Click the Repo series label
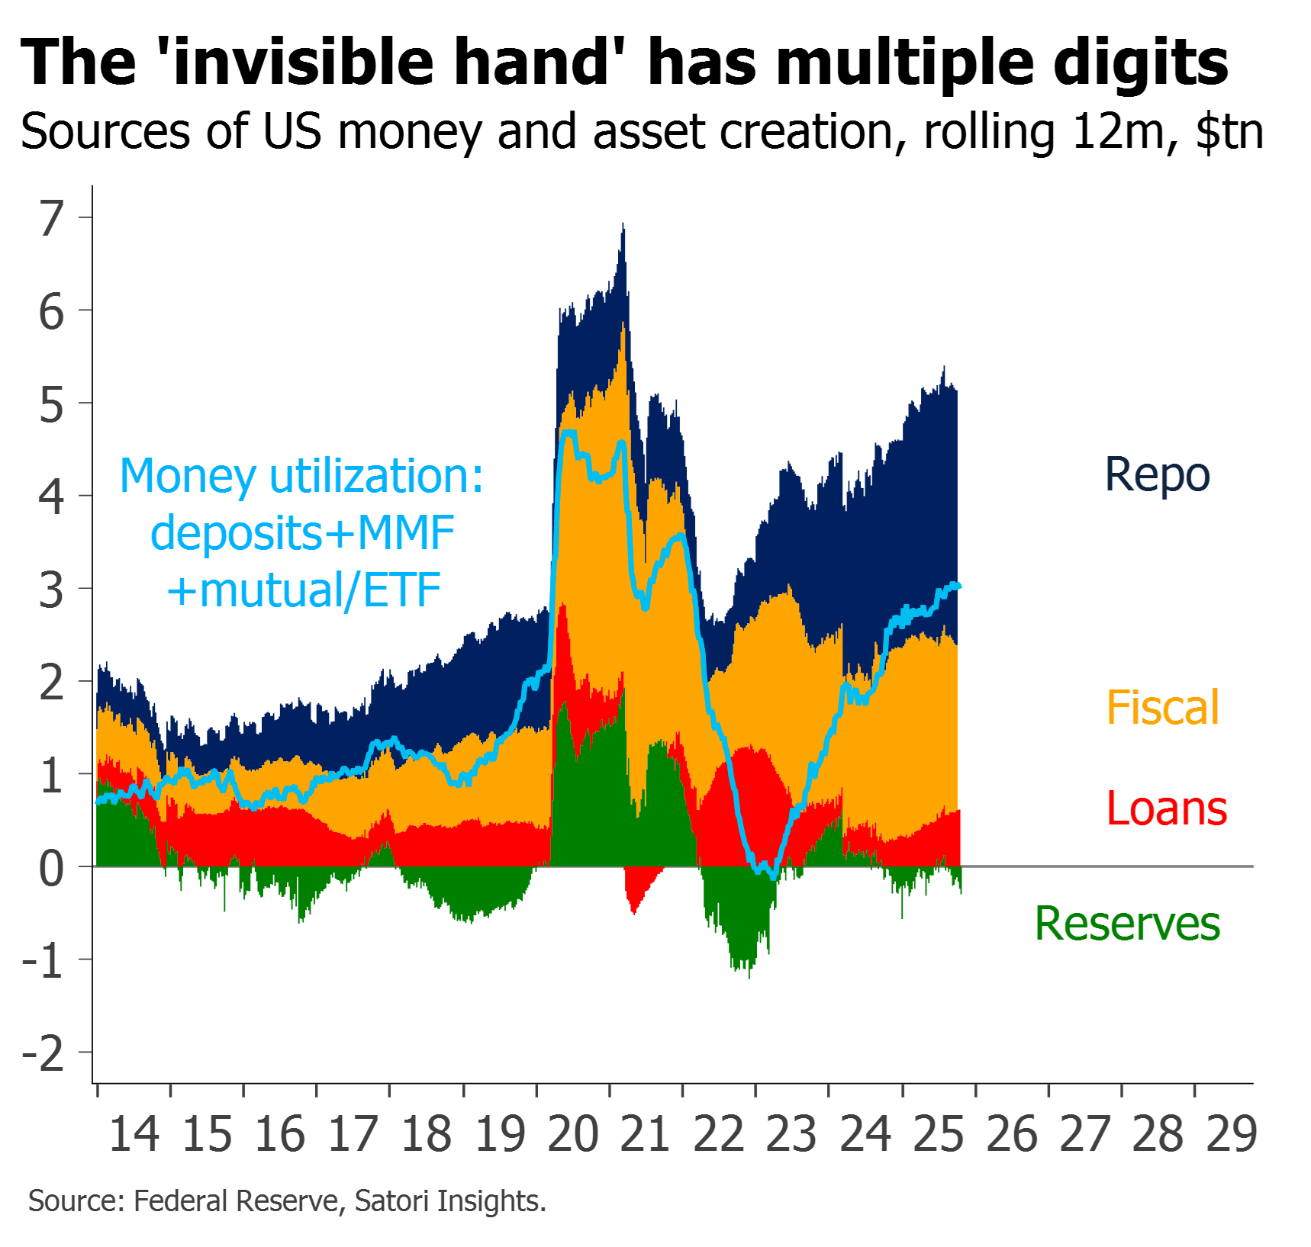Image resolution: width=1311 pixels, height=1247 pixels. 1157,475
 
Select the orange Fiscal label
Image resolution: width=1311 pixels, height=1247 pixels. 1163,708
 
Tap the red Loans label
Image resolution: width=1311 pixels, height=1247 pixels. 1167,808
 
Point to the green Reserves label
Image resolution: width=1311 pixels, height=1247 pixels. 1127,924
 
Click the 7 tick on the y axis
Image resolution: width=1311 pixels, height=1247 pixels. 51,219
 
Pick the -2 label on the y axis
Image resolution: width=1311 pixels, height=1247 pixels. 43,1053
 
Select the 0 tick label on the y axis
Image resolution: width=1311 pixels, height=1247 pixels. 51,868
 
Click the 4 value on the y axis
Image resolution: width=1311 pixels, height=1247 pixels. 51,497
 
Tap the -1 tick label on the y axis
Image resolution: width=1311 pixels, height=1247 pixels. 43,961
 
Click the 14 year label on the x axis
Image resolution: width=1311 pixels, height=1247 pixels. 134,1134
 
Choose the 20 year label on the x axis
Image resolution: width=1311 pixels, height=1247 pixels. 573,1134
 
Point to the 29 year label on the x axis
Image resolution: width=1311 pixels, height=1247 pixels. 1232,1134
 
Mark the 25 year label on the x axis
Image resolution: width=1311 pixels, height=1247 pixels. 939,1134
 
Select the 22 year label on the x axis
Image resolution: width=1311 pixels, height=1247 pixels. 719,1134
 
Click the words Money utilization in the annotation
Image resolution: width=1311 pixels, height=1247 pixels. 301,476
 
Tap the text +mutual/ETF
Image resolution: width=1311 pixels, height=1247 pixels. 304,590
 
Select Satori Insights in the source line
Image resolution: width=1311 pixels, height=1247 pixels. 449,1201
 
